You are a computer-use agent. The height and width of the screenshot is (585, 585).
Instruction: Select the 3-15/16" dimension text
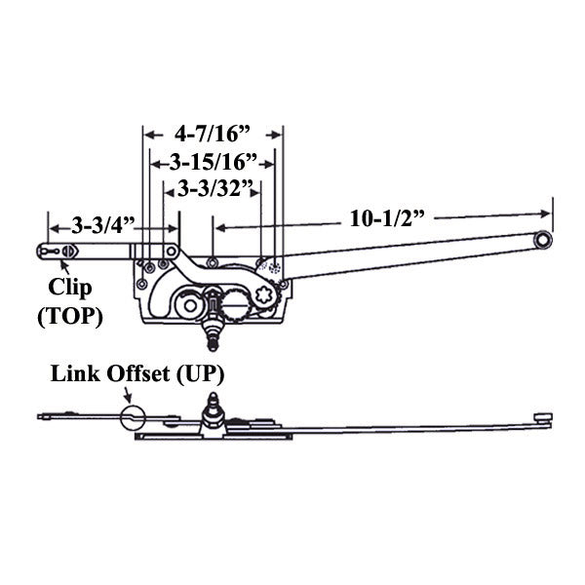[x=214, y=159]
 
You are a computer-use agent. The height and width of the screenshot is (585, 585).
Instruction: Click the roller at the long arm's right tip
[x=545, y=237]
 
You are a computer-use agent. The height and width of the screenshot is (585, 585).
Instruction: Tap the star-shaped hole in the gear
[x=262, y=292]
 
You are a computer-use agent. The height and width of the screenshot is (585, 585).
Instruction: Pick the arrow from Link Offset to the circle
[x=125, y=396]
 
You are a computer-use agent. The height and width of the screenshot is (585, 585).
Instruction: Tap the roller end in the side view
[x=545, y=416]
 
